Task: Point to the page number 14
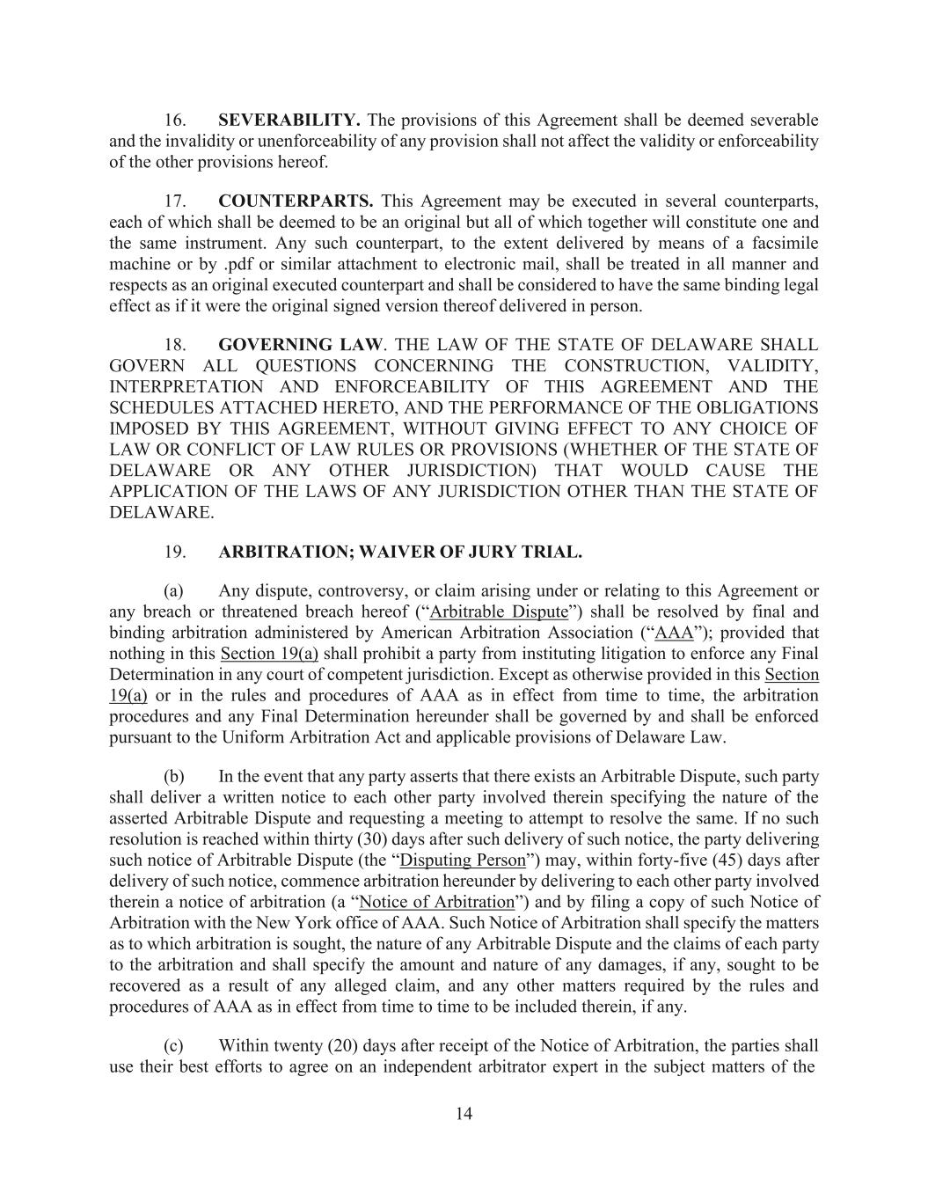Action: (x=464, y=1114)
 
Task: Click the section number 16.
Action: (x=175, y=120)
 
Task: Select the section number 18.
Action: (x=175, y=345)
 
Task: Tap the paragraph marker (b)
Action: (x=174, y=777)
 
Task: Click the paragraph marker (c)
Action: (x=174, y=1046)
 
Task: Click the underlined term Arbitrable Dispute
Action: (x=499, y=611)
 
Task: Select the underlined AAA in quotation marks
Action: (x=675, y=633)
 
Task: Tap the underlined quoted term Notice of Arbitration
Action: (x=437, y=902)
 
